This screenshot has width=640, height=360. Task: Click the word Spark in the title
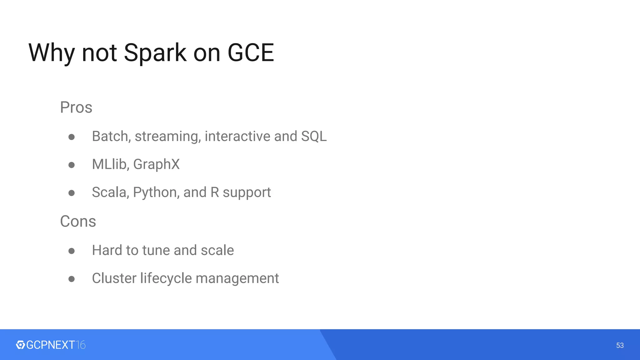(155, 53)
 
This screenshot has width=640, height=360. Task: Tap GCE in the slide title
(251, 52)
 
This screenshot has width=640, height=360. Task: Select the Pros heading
(76, 107)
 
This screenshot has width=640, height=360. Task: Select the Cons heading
(78, 222)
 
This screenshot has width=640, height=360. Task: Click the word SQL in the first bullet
(314, 137)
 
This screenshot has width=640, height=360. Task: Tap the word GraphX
(156, 164)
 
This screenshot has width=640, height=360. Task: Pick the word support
(247, 192)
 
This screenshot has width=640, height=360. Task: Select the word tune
(156, 250)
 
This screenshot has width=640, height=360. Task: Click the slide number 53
(620, 345)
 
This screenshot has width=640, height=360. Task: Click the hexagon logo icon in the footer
(20, 345)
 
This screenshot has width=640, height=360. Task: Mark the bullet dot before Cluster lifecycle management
(72, 279)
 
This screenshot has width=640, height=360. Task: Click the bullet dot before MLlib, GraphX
(72, 165)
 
